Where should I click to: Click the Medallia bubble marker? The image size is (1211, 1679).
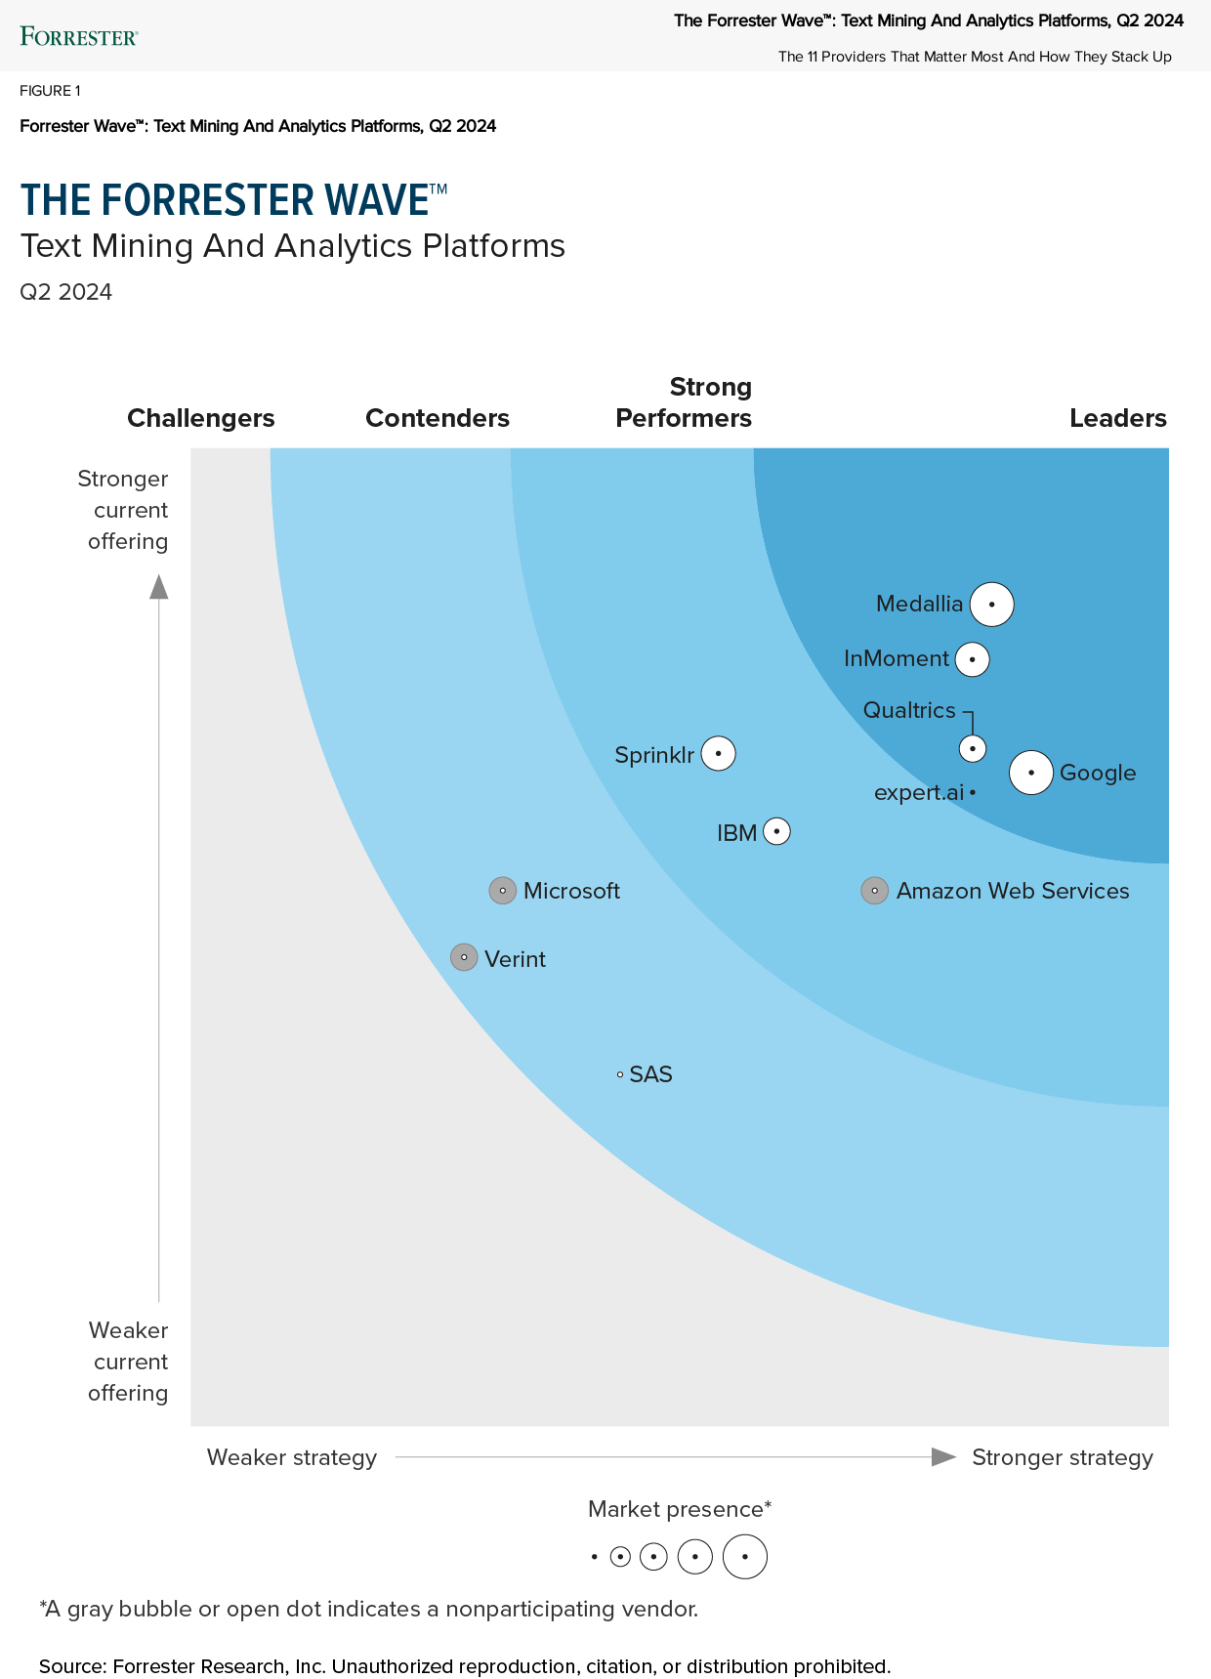point(992,605)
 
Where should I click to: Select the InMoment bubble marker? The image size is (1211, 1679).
point(972,659)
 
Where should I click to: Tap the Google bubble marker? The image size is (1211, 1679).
point(1030,773)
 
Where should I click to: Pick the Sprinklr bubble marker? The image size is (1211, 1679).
point(719,754)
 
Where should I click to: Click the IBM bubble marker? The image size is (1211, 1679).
point(776,832)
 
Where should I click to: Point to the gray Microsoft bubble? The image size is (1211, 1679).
point(502,891)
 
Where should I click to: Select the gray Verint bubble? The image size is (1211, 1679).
point(464,957)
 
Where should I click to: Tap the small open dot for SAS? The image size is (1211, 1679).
point(620,1074)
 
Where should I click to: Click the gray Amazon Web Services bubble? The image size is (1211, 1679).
point(874,891)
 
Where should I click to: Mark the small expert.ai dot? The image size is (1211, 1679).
point(973,792)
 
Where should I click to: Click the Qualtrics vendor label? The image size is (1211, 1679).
point(909,710)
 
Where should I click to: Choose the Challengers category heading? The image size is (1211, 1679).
point(201,418)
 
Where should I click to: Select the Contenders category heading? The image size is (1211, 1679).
point(438,418)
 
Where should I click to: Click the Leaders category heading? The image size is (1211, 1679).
point(1117,418)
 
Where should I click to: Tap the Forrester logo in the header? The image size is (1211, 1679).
point(79,37)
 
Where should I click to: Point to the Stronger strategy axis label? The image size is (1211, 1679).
point(1063,1457)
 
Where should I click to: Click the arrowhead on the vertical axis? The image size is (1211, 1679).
point(159,586)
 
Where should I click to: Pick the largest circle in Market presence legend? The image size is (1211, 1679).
point(745,1557)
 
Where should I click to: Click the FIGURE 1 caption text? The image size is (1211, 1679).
point(50,91)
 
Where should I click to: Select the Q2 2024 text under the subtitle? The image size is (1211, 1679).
point(66,292)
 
